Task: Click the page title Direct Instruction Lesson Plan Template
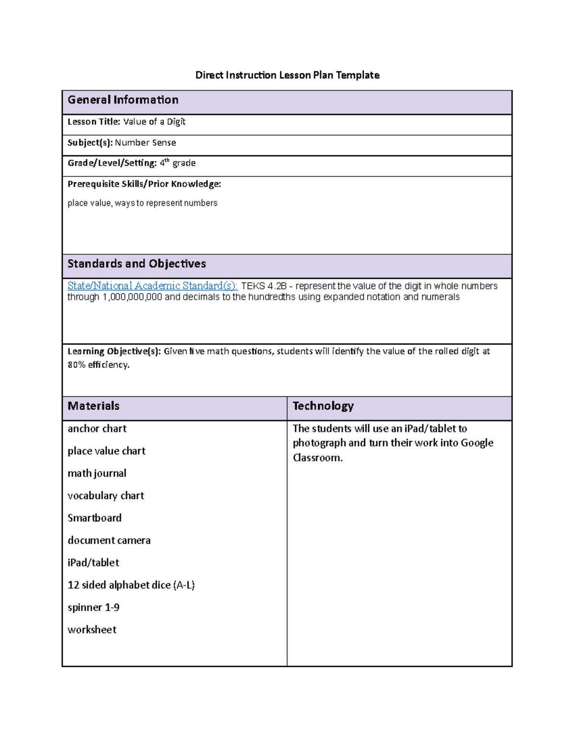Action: click(287, 75)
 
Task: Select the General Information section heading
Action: click(123, 100)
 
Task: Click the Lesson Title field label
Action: click(93, 122)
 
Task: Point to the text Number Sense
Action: click(145, 142)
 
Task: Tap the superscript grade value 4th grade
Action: click(177, 163)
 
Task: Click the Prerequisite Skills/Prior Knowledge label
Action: click(144, 184)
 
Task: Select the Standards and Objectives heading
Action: click(137, 264)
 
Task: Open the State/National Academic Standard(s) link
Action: click(152, 286)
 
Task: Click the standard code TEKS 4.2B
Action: click(264, 286)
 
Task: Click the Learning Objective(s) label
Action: click(114, 351)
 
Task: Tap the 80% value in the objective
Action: click(76, 365)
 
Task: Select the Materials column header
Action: click(93, 406)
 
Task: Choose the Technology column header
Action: click(323, 406)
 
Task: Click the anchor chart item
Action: click(97, 428)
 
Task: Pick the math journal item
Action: click(97, 473)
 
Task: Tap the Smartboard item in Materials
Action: click(94, 518)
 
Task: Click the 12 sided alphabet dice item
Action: click(131, 585)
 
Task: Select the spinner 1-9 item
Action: click(93, 607)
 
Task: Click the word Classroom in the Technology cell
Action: click(317, 458)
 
